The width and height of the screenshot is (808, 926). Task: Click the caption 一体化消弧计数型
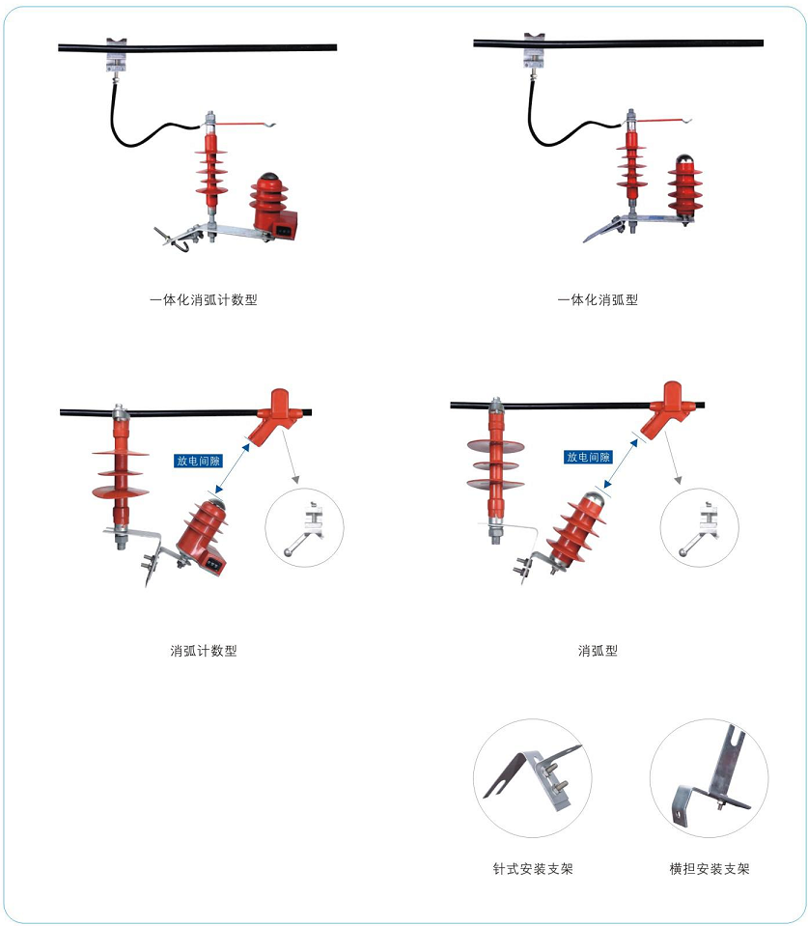click(203, 300)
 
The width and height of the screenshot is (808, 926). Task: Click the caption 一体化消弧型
click(598, 300)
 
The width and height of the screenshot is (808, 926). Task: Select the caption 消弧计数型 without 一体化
click(204, 651)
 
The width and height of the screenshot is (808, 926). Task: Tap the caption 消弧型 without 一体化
click(598, 651)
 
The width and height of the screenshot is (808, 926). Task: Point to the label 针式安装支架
click(532, 869)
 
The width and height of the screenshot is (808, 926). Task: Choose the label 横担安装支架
click(709, 869)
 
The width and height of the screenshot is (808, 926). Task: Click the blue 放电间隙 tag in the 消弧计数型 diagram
click(198, 461)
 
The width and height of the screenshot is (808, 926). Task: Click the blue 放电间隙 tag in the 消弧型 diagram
click(588, 457)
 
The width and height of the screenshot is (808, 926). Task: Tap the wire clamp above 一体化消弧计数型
click(116, 54)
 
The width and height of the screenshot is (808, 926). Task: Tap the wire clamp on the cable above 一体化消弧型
click(534, 49)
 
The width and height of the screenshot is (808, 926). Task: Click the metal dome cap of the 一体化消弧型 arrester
click(684, 159)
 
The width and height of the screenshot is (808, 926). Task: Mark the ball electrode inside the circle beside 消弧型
click(683, 552)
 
